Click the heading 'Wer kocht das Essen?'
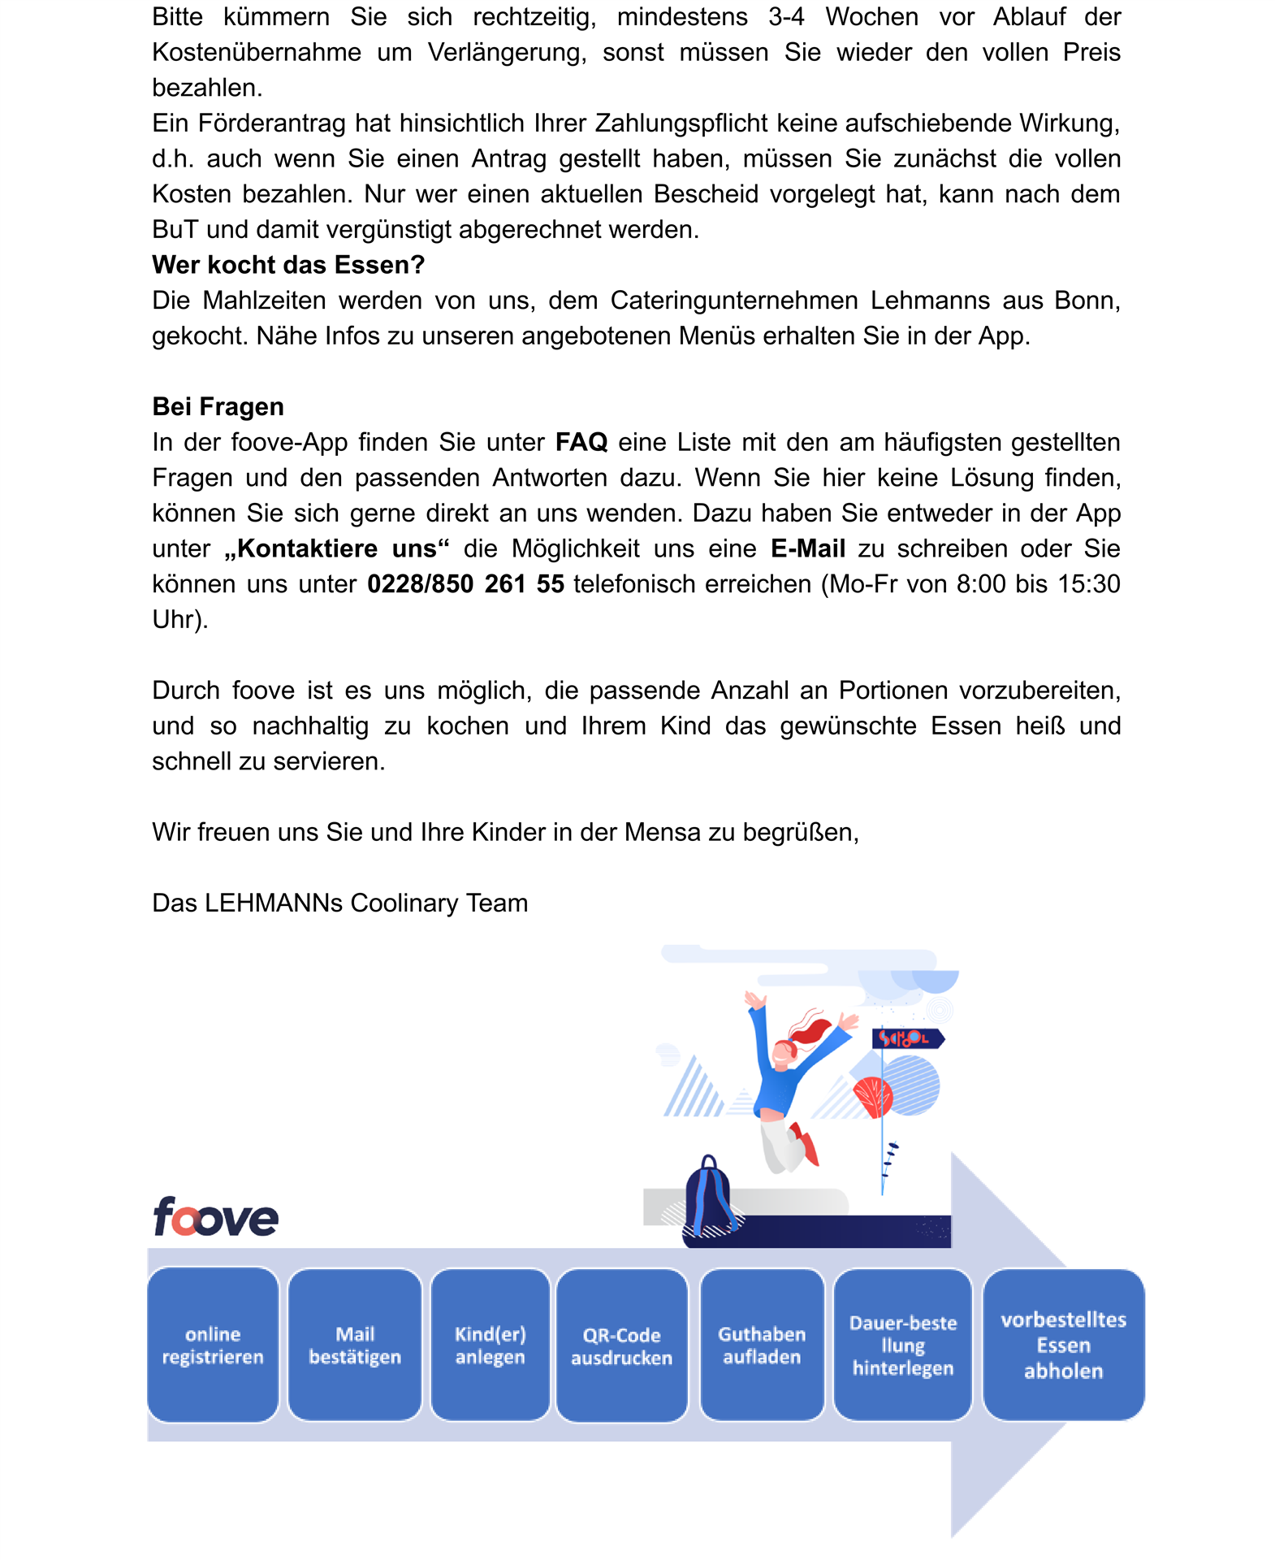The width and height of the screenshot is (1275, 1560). tap(288, 265)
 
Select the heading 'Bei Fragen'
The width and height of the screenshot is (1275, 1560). tap(218, 406)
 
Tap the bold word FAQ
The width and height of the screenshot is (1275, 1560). tap(581, 442)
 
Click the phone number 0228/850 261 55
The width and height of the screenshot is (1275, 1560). tap(465, 584)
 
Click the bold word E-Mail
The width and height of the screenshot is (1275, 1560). tap(808, 548)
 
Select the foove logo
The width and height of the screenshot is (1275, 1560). tap(215, 1216)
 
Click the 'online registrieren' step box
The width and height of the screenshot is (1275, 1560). tap(213, 1345)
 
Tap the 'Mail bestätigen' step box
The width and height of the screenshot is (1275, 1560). tap(355, 1345)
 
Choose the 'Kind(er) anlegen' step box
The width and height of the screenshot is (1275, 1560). tap(491, 1345)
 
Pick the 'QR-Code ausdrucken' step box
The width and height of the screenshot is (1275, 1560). tap(622, 1345)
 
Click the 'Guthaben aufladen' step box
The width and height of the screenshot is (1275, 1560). tap(762, 1345)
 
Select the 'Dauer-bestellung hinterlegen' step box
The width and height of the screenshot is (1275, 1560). tap(903, 1345)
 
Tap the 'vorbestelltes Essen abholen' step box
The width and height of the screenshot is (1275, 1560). tap(1063, 1345)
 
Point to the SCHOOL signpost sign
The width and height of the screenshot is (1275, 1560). tap(907, 1038)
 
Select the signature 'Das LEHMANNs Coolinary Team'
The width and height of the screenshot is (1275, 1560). tap(339, 903)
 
